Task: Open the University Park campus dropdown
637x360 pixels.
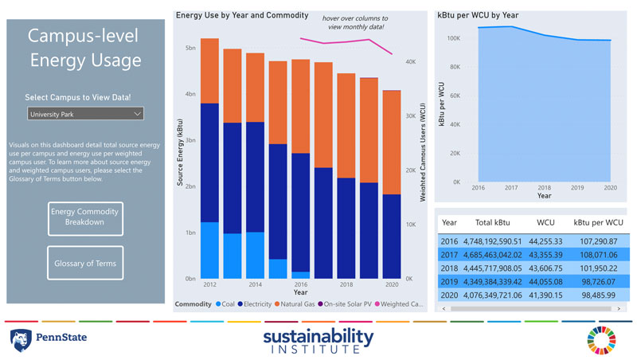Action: [85, 114]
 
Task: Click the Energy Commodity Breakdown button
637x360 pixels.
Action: [84, 217]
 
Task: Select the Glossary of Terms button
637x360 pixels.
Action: [84, 263]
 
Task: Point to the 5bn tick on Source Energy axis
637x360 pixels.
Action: [190, 48]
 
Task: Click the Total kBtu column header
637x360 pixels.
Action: [493, 223]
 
